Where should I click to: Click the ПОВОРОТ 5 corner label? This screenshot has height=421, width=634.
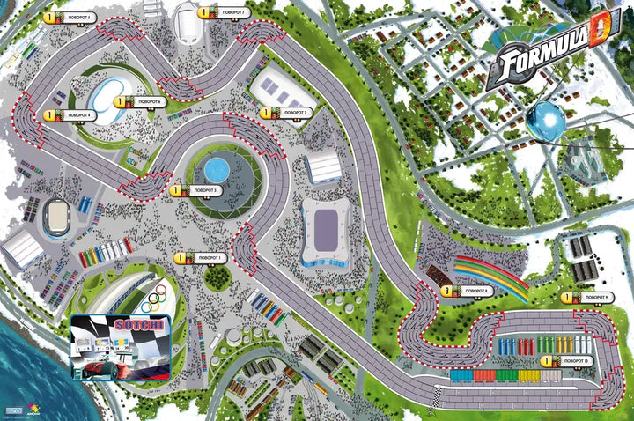tap(75, 18)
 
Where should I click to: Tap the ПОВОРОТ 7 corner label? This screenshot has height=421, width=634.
tap(231, 13)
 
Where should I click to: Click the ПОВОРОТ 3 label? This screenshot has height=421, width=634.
tap(203, 190)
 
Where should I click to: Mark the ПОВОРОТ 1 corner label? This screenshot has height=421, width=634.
tap(208, 258)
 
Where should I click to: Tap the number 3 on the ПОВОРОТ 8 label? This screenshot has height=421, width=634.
tap(447, 291)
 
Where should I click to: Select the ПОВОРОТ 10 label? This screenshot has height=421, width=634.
tap(574, 361)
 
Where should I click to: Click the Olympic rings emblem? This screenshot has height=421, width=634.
tap(158, 297)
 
